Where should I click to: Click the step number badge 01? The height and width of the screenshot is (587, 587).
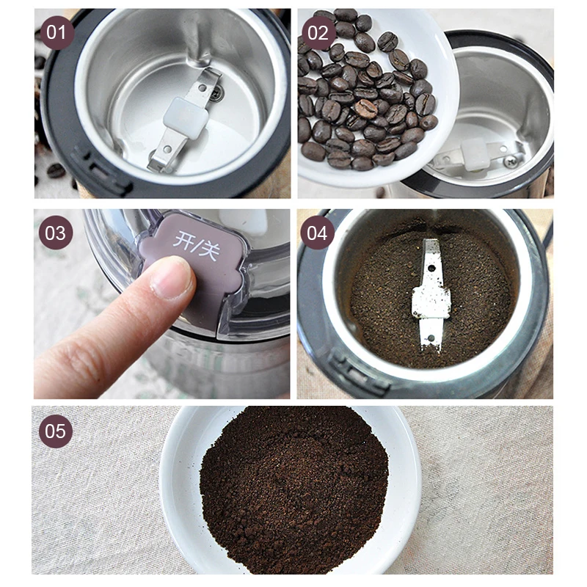[56, 32]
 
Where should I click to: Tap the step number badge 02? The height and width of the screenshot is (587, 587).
[317, 32]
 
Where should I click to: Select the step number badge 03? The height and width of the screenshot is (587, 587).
[56, 233]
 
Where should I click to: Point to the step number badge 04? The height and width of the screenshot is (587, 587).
[317, 233]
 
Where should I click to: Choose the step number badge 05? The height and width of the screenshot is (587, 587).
[56, 431]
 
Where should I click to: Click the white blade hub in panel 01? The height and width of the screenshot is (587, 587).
[183, 117]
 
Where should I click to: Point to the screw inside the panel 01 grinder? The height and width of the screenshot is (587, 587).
[214, 93]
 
